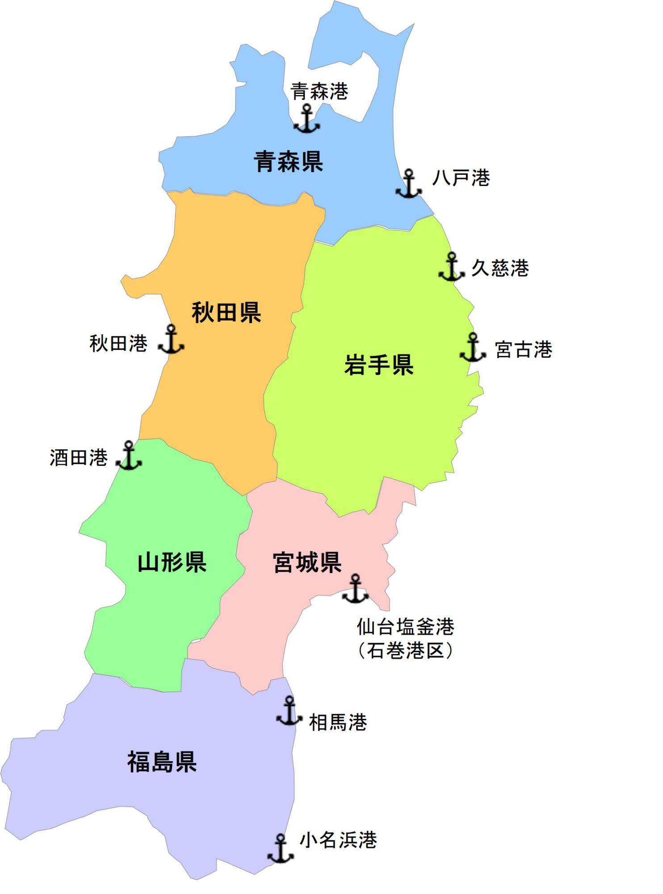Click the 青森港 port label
[x=319, y=91]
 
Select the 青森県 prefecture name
[x=288, y=161]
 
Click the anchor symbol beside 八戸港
[x=408, y=184]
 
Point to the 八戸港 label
[x=461, y=178]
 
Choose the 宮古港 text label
[x=523, y=349]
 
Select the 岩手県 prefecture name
[x=378, y=364]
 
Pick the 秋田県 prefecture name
[x=226, y=312]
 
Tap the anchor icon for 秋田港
[x=171, y=339]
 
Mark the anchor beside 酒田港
[x=129, y=455]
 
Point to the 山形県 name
[x=172, y=562]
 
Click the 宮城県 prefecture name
[x=307, y=562]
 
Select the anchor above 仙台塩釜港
[x=355, y=589]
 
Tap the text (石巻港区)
[x=406, y=651]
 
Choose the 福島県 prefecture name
[x=162, y=762]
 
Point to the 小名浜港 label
[x=338, y=840]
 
